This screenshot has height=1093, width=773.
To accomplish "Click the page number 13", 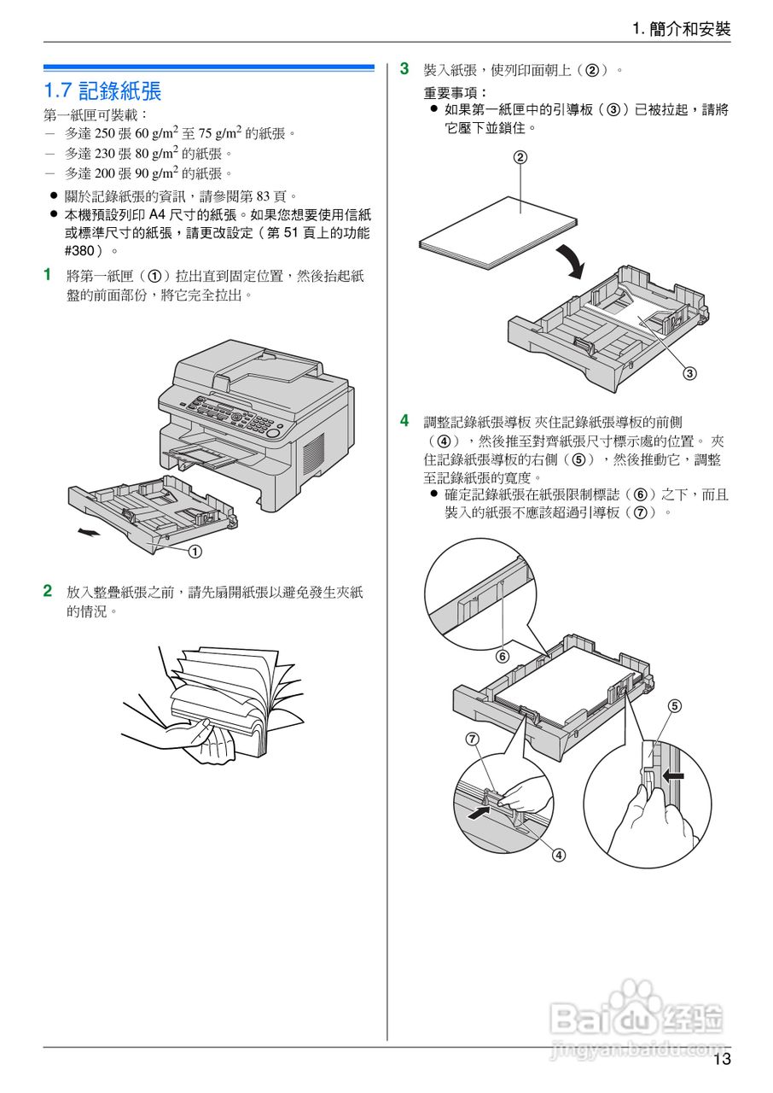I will click(x=722, y=1060).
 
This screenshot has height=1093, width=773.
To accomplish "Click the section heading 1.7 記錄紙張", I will click(x=103, y=91).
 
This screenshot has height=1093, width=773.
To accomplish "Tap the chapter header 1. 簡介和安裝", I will click(x=681, y=29).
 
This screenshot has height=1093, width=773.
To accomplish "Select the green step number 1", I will click(x=48, y=275).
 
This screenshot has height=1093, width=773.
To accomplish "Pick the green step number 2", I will click(x=48, y=591).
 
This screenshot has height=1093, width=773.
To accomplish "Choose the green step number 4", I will click(x=405, y=420).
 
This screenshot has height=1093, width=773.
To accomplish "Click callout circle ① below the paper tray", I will click(x=195, y=551).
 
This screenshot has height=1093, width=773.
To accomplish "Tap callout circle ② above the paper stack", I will click(x=520, y=156).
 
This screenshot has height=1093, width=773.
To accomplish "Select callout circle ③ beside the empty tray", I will click(x=689, y=372).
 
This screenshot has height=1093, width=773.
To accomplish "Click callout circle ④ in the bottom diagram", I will click(x=558, y=854).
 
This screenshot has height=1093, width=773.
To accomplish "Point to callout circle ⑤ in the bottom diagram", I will click(x=674, y=706).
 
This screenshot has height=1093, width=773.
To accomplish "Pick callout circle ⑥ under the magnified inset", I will click(x=503, y=656).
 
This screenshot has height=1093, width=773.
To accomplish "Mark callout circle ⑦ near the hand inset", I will click(x=472, y=739).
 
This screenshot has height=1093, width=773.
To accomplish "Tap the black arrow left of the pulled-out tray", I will click(x=88, y=533).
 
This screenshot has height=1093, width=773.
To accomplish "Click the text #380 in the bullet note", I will click(x=80, y=251).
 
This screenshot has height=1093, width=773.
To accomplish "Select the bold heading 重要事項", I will click(x=456, y=92).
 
